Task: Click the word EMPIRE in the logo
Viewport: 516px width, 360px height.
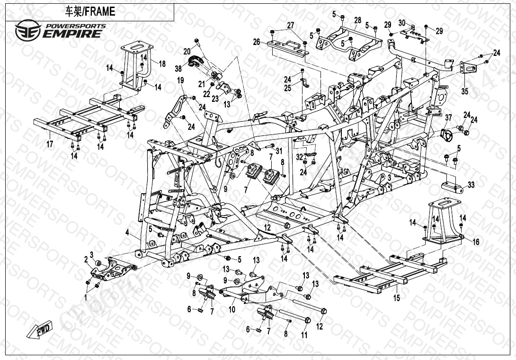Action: (71, 34)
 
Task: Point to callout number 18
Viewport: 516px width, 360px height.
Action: (161, 64)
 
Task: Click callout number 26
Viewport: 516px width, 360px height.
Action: (256, 42)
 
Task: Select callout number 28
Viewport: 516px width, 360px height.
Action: (357, 20)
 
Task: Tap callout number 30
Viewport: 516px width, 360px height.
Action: (402, 23)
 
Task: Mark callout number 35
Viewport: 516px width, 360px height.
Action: (464, 91)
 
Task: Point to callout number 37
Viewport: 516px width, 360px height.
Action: (448, 117)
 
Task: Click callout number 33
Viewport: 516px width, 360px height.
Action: (471, 185)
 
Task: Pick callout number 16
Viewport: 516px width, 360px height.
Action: (476, 242)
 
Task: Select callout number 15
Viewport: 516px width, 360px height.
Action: (397, 298)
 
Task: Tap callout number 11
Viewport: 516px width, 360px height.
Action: (304, 335)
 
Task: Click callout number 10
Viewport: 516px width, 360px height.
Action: (232, 309)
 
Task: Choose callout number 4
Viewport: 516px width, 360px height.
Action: (127, 232)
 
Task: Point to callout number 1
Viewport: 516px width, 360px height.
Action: (86, 298)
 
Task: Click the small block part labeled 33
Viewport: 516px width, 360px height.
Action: (452, 185)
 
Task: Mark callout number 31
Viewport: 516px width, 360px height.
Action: (279, 151)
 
